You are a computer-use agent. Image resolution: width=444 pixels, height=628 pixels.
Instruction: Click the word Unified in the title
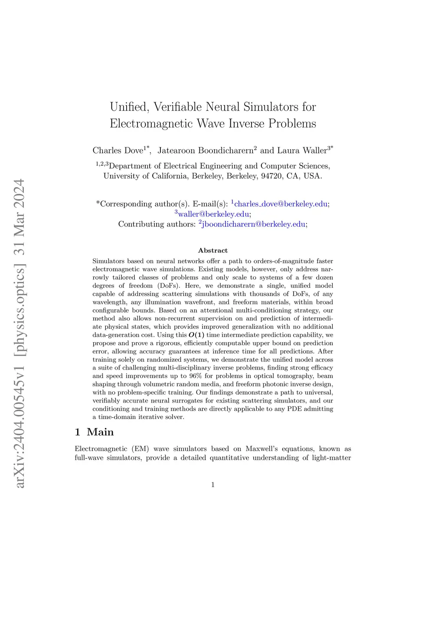point(129,107)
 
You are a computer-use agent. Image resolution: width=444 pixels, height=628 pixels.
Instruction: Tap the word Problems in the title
point(292,124)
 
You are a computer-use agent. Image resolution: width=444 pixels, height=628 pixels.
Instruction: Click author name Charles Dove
point(118,150)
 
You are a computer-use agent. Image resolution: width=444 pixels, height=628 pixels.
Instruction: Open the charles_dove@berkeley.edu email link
point(281,204)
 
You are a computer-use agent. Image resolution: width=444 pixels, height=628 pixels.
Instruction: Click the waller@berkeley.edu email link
point(214,214)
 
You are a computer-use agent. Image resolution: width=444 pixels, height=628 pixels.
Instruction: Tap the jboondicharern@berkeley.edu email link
point(254,224)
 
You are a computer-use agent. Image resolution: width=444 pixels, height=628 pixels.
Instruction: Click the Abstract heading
point(213,250)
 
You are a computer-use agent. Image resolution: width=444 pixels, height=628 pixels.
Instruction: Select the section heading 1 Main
point(94,432)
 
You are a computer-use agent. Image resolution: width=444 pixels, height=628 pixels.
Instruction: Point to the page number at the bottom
point(213,485)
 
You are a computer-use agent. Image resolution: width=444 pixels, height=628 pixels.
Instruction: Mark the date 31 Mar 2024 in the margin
point(20,217)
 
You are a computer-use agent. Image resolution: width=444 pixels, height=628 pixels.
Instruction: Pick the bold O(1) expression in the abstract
point(196,335)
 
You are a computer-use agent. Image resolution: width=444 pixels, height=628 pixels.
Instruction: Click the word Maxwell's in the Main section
point(264,449)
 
